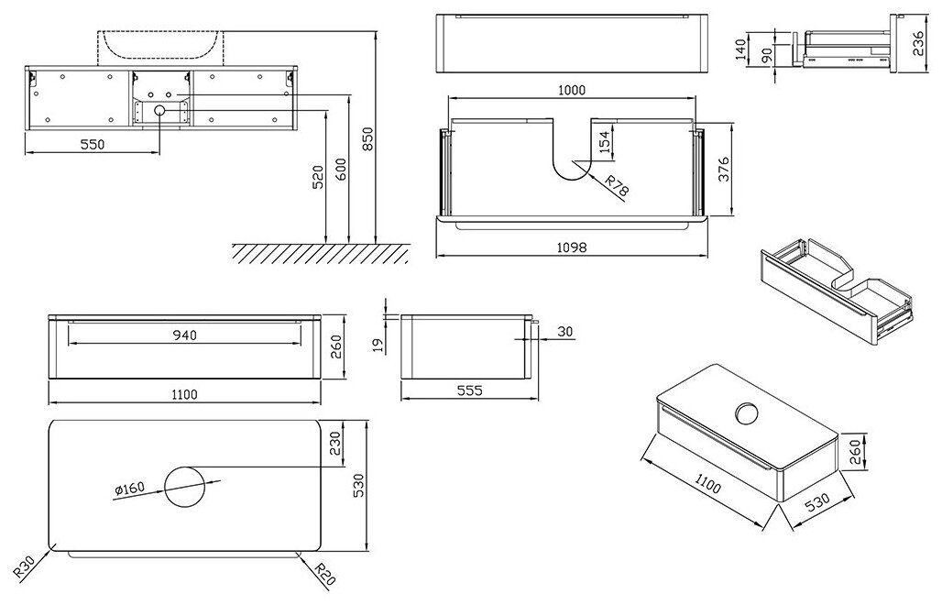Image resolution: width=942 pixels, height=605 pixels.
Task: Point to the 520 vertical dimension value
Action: (x=318, y=177)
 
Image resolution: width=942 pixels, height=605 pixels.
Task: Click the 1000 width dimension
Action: (x=571, y=90)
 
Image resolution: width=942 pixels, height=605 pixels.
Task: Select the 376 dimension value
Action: (x=723, y=170)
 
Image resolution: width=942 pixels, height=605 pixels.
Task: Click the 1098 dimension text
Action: (x=571, y=247)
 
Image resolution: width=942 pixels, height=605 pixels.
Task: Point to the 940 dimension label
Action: (x=184, y=335)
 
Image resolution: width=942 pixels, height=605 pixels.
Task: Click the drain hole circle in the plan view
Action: (x=186, y=485)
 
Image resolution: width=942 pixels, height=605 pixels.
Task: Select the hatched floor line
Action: (x=320, y=252)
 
